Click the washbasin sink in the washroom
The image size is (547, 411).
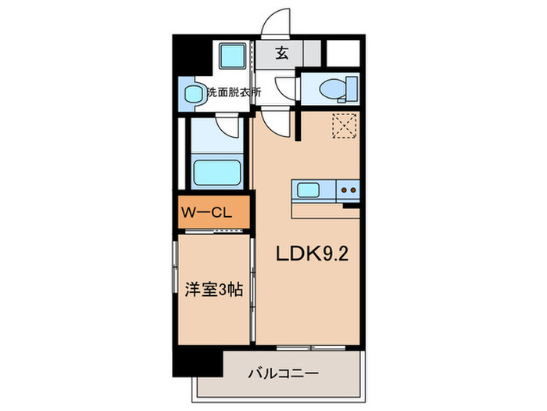(192, 94)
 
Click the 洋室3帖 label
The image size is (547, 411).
(213, 288)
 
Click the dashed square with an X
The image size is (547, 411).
(344, 124)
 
